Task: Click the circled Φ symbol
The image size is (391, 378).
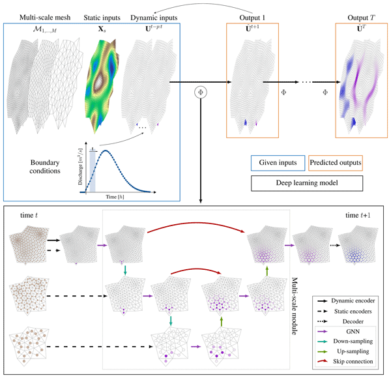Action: [201, 92]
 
